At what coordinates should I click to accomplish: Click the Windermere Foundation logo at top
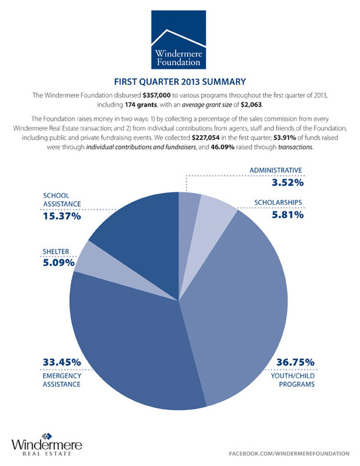[179, 38]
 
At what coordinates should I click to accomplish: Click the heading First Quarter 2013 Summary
[180, 81]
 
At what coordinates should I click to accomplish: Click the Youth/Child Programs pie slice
[245, 307]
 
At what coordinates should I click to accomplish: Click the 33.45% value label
[62, 362]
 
